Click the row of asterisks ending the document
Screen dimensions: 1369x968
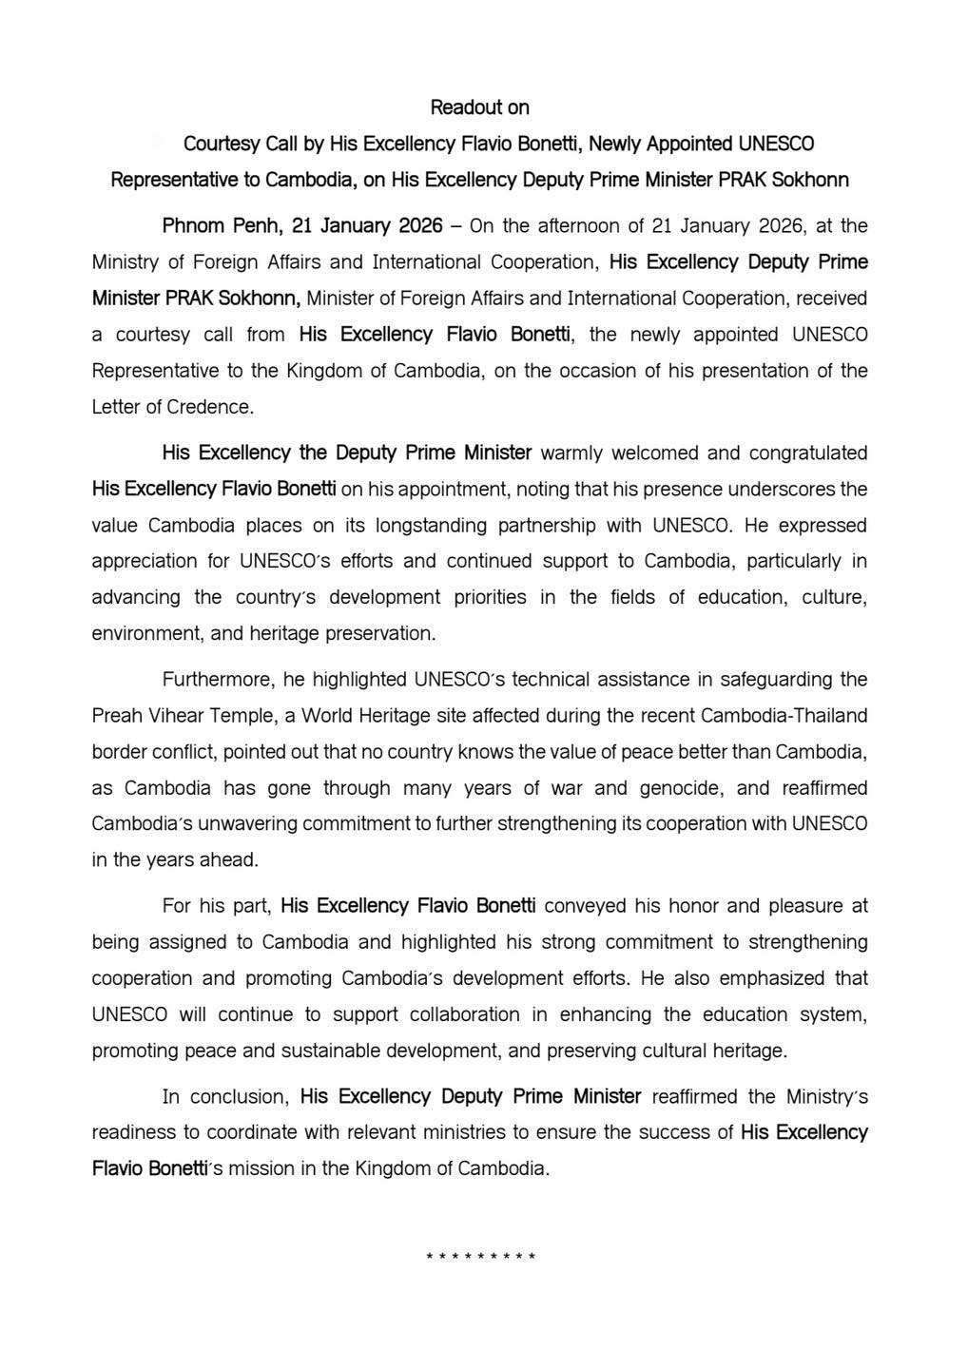481,1257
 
